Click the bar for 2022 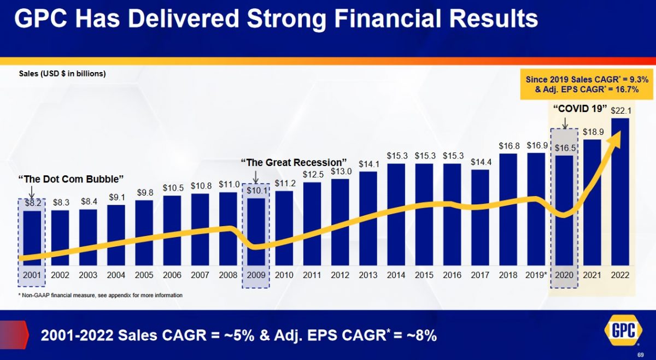(620, 191)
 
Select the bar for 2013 (368, 219)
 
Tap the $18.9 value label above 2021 (592, 132)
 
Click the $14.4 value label (480, 162)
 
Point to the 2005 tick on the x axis (144, 275)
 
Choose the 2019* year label (536, 275)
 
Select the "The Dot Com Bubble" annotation (71, 179)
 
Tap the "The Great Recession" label (294, 162)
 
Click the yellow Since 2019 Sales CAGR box (587, 84)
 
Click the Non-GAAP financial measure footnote (101, 295)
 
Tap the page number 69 (641, 355)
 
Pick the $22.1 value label (620, 111)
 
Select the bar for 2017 (480, 217)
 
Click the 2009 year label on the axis (256, 275)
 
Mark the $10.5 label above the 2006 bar (172, 187)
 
